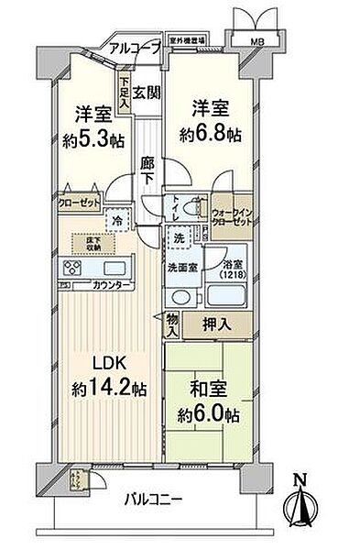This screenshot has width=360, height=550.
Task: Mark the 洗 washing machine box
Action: [180, 236]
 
